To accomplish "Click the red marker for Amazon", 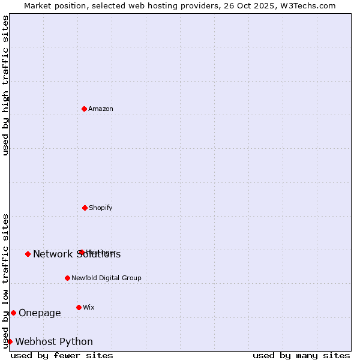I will (85, 109).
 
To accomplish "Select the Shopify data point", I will (85, 208).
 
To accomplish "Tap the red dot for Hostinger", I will (82, 252).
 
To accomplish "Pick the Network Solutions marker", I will (28, 254).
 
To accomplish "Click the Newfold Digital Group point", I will (67, 278).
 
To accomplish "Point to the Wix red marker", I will (79, 307).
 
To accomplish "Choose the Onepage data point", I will (13, 313).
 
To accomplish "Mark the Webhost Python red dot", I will (10, 341).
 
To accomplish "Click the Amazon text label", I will (101, 109).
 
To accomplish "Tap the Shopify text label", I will (101, 208).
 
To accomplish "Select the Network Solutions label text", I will (77, 254).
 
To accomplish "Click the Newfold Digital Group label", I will (106, 278).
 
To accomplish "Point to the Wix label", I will (89, 307).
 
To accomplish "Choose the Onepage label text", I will (40, 313).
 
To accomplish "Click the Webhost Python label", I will (54, 342).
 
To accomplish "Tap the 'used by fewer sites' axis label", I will (62, 355).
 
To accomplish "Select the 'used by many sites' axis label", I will (301, 355).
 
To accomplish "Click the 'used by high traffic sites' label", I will (5, 85).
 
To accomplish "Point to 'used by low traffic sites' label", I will (5, 281).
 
